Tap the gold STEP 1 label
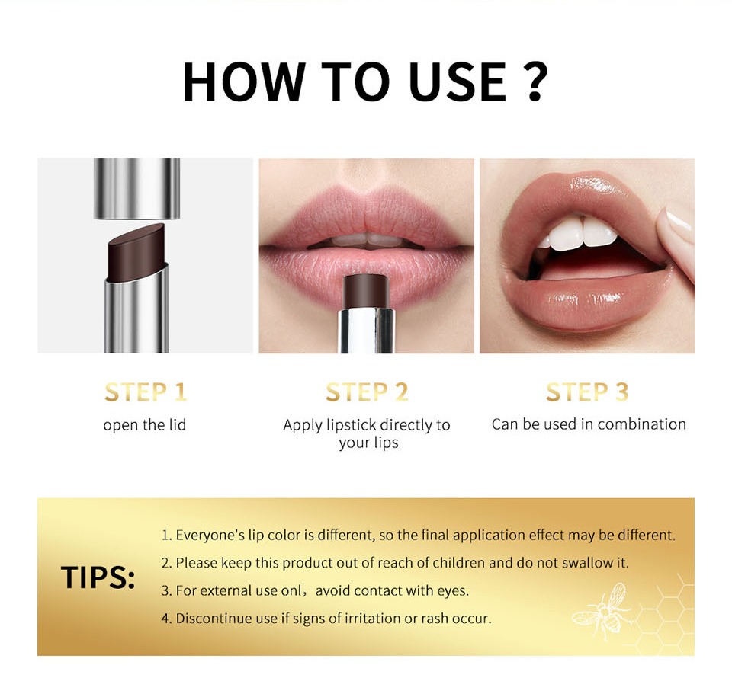click(x=146, y=392)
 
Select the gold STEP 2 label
click(x=367, y=392)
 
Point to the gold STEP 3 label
click(x=587, y=392)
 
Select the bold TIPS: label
click(x=98, y=578)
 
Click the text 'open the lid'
click(x=144, y=425)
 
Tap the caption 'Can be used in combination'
click(x=588, y=424)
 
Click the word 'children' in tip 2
click(x=457, y=563)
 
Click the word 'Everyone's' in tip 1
click(x=206, y=536)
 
